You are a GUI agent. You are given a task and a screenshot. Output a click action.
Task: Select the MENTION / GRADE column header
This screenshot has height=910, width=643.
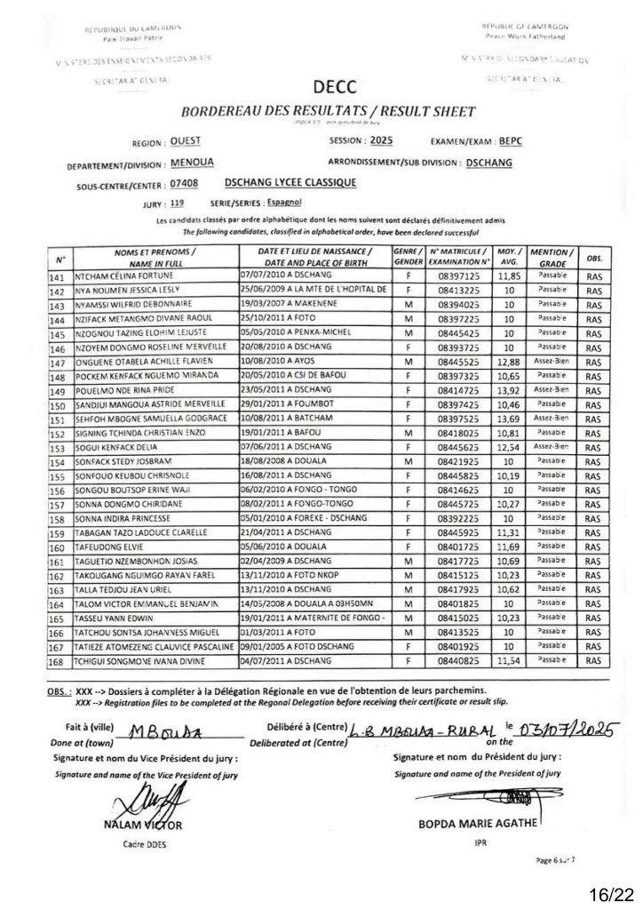click(552, 260)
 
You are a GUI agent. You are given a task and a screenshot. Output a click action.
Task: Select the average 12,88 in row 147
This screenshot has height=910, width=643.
click(508, 363)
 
